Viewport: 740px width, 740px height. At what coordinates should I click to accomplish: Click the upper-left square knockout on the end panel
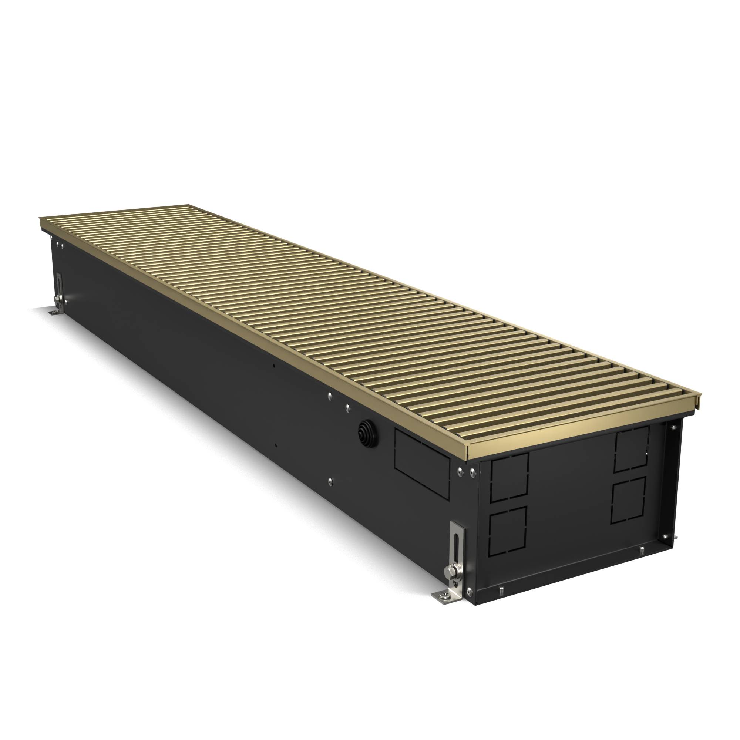click(509, 477)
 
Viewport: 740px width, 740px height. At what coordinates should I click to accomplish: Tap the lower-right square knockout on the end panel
click(628, 500)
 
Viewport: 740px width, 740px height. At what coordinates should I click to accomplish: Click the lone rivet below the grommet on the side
click(330, 481)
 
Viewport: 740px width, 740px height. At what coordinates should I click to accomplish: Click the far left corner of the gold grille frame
click(41, 220)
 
